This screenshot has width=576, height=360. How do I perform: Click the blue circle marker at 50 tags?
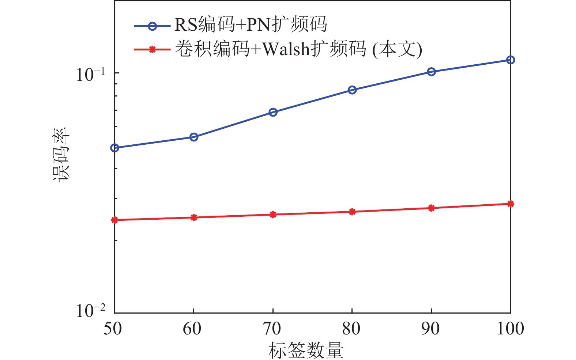click(x=115, y=148)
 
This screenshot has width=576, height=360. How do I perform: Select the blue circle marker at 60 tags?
click(x=194, y=137)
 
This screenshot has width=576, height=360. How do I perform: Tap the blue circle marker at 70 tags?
click(x=273, y=112)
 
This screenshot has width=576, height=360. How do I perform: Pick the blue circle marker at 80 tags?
click(x=352, y=90)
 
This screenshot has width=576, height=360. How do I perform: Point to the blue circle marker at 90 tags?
click(x=432, y=72)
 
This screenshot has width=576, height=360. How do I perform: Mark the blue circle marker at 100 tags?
click(x=511, y=60)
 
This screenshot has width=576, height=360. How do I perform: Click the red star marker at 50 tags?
click(x=115, y=220)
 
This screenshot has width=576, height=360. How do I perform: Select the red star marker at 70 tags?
click(x=273, y=215)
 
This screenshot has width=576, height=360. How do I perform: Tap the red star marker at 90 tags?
click(x=432, y=208)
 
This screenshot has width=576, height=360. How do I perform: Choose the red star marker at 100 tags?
click(x=511, y=204)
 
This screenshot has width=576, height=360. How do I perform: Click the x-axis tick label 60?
click(x=192, y=329)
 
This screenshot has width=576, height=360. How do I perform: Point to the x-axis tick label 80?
click(x=351, y=329)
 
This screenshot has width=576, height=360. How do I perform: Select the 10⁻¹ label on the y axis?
click(x=90, y=74)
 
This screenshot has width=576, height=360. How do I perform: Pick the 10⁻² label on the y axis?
click(x=90, y=311)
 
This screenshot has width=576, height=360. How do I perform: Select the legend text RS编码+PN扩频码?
click(x=251, y=25)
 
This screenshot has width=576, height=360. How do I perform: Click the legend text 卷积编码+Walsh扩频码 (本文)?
click(x=298, y=49)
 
